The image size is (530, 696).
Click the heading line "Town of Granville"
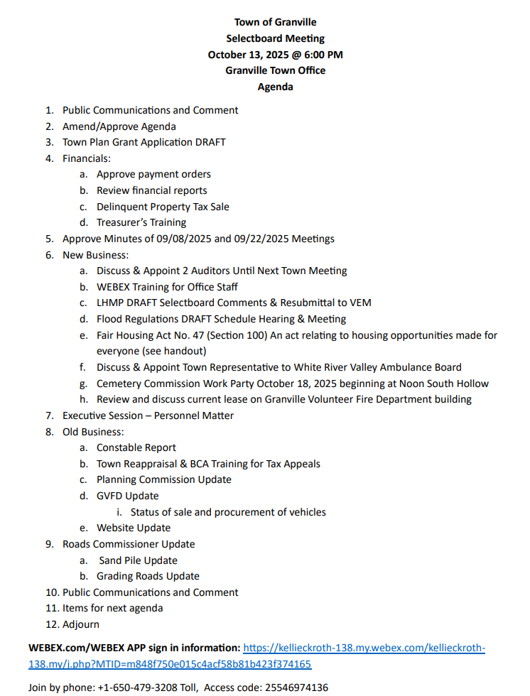coord(275,22)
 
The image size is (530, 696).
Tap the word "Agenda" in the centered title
coord(275,87)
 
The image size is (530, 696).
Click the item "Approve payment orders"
coord(153,174)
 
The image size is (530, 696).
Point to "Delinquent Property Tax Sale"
coord(163,207)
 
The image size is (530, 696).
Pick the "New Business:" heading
coord(95,255)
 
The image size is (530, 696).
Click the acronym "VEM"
coord(359,303)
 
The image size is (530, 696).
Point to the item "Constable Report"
coord(136,447)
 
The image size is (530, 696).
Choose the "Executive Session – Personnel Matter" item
coord(148,415)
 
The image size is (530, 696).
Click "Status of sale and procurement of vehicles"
coord(228,512)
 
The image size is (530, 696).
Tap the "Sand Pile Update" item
coord(138,560)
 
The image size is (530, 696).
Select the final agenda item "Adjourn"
coord(81,624)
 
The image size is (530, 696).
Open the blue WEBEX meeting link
coord(364,648)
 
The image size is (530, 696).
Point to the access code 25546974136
coord(297,687)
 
